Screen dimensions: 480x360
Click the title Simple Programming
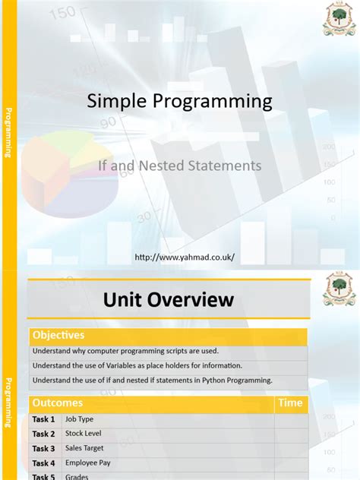click(179, 101)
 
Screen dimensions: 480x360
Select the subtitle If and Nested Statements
click(180, 165)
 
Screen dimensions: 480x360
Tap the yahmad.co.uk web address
click(185, 257)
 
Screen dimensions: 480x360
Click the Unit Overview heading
click(169, 301)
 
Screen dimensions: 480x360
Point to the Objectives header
click(58, 335)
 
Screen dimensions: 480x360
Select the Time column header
click(290, 403)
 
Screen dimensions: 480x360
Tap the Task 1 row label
click(43, 419)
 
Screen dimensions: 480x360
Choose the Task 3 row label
click(43, 449)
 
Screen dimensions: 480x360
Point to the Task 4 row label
click(43, 463)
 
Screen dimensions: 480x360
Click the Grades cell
click(77, 476)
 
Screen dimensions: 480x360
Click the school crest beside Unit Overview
click(338, 291)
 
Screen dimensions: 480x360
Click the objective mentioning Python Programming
click(152, 380)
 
